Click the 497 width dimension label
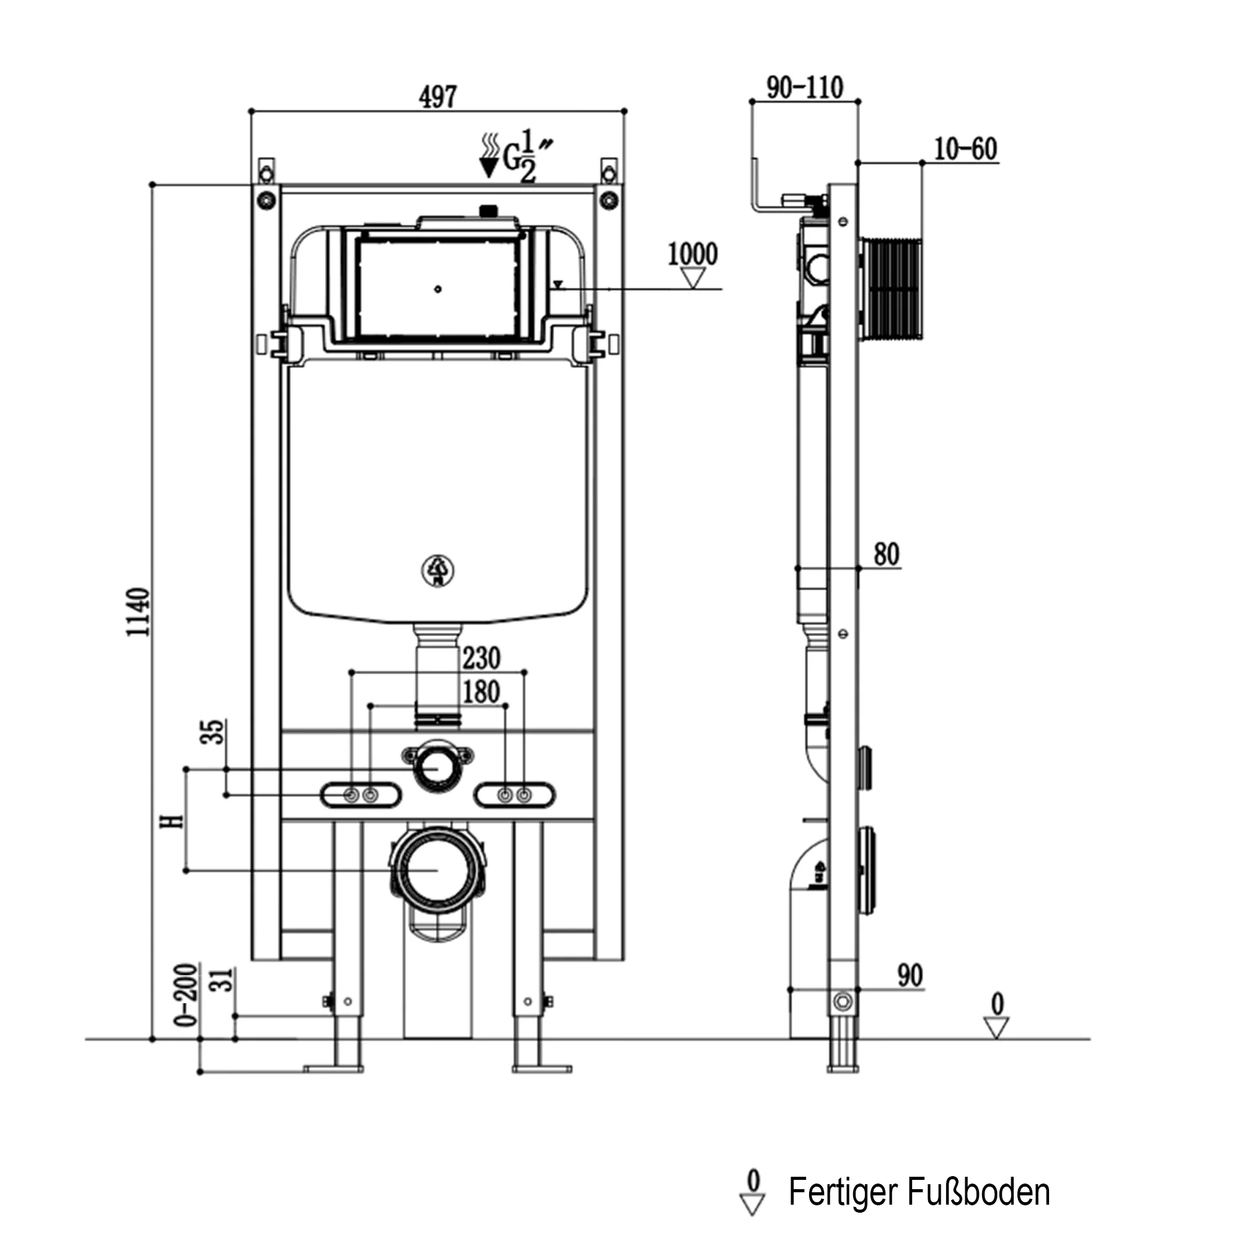[438, 97]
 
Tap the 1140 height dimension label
[138, 611]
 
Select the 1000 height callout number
[693, 254]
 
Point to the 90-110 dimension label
[805, 88]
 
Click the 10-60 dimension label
[965, 149]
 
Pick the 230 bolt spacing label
[481, 658]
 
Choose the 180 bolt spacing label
[481, 692]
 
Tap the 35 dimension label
[214, 732]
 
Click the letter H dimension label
[172, 820]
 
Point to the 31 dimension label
[222, 980]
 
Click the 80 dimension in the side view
[887, 554]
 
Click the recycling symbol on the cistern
[438, 570]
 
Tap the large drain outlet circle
[437, 870]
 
